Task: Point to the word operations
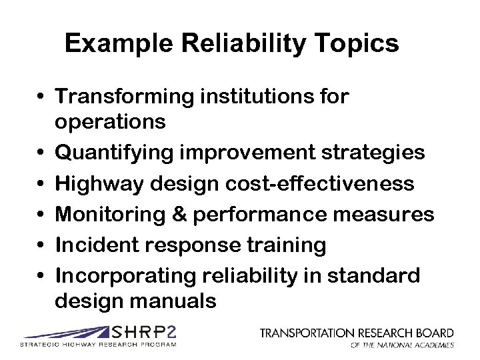click(x=111, y=123)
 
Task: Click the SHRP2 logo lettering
click(x=145, y=332)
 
